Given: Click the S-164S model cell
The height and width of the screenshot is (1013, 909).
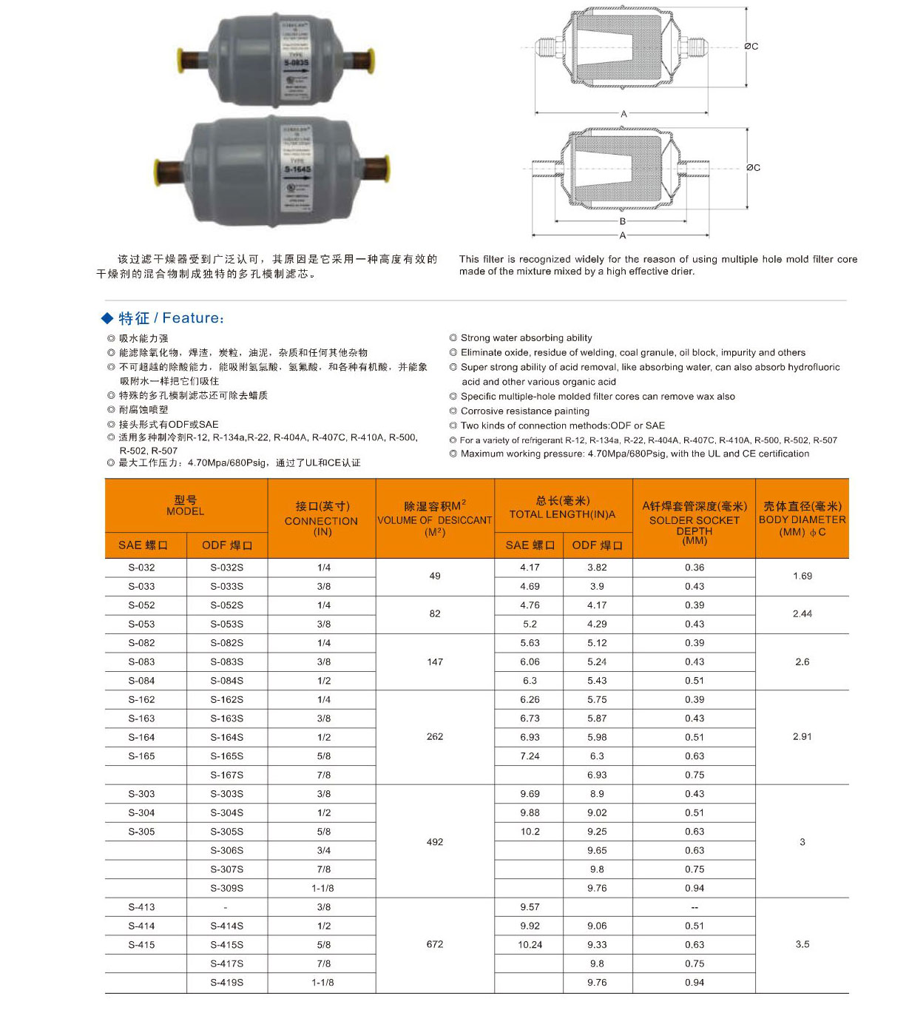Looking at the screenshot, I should pyautogui.click(x=226, y=737).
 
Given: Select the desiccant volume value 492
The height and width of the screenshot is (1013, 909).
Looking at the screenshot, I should pyautogui.click(x=435, y=841).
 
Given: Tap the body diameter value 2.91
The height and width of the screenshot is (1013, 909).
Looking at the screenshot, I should pyautogui.click(x=802, y=737).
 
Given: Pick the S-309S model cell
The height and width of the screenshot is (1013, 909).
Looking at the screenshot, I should pyautogui.click(x=226, y=888).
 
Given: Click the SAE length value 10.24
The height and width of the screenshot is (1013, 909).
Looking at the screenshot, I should pyautogui.click(x=530, y=944).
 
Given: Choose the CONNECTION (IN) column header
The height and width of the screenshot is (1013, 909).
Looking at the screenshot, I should pyautogui.click(x=321, y=518).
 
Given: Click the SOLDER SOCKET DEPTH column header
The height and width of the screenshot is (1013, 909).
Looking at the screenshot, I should pyautogui.click(x=694, y=520).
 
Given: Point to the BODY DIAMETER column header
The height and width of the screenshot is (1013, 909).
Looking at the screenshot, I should pyautogui.click(x=802, y=518).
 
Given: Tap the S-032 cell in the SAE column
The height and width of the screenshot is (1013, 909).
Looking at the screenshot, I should pyautogui.click(x=142, y=568).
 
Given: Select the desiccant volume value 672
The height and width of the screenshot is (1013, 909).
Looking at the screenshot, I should pyautogui.click(x=435, y=944).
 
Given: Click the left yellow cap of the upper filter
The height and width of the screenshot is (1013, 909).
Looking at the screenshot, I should pyautogui.click(x=181, y=60).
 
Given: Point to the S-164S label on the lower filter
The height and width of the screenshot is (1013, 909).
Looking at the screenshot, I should pyautogui.click(x=297, y=169).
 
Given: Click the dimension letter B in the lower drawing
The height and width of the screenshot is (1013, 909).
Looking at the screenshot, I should pyautogui.click(x=623, y=221).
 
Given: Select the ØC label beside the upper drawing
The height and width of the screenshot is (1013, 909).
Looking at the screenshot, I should pyautogui.click(x=751, y=46).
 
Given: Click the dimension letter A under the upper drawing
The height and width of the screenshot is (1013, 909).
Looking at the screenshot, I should pyautogui.click(x=624, y=114).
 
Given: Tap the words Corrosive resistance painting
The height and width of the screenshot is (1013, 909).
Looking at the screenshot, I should pyautogui.click(x=524, y=411).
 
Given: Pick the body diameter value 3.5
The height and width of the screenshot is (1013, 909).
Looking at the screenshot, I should pyautogui.click(x=802, y=944).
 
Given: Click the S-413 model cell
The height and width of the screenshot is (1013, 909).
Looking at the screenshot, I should pyautogui.click(x=142, y=907).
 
